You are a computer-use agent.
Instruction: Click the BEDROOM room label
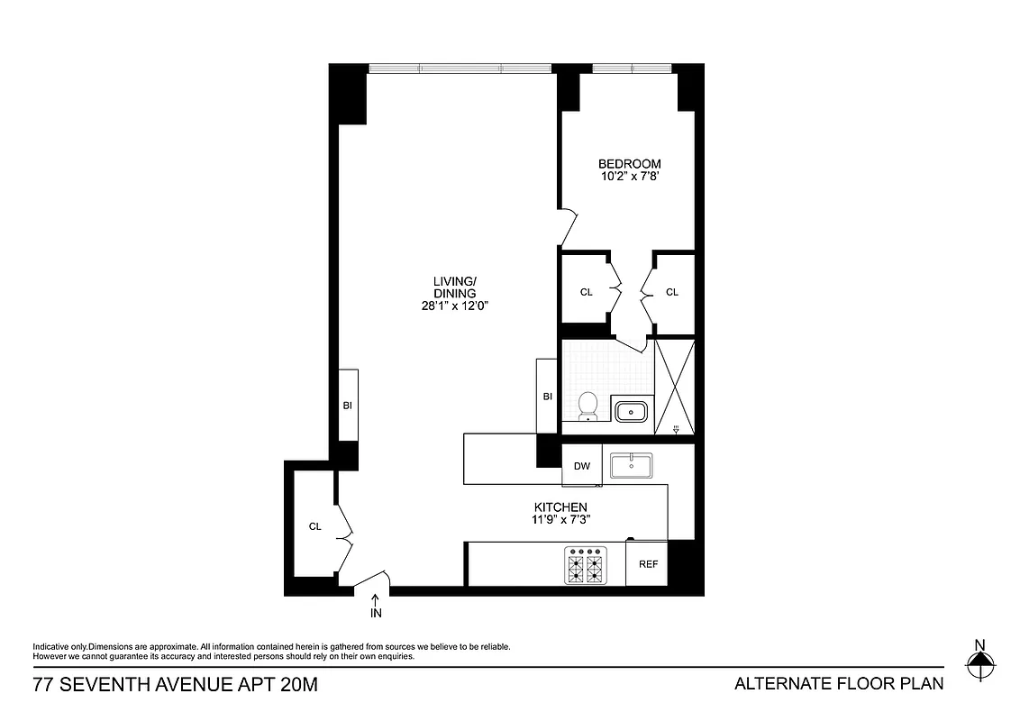click(629, 164)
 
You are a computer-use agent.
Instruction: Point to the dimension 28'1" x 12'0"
click(454, 306)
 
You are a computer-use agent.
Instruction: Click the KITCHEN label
click(560, 507)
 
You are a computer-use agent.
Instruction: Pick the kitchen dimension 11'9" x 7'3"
click(560, 520)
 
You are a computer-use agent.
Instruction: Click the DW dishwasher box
click(582, 466)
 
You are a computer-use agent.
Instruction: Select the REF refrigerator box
click(648, 564)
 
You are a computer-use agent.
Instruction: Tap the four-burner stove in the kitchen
click(583, 565)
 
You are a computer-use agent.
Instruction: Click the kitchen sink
click(632, 465)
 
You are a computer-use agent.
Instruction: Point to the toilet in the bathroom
click(588, 406)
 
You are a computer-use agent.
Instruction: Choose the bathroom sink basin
click(632, 412)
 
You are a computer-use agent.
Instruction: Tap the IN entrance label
click(376, 613)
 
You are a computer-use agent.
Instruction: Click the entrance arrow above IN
click(376, 598)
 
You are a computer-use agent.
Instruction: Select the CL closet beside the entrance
click(314, 526)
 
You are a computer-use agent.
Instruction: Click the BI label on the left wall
click(348, 406)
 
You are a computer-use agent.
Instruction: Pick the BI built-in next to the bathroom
click(547, 397)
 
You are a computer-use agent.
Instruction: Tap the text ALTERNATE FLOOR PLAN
click(839, 683)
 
